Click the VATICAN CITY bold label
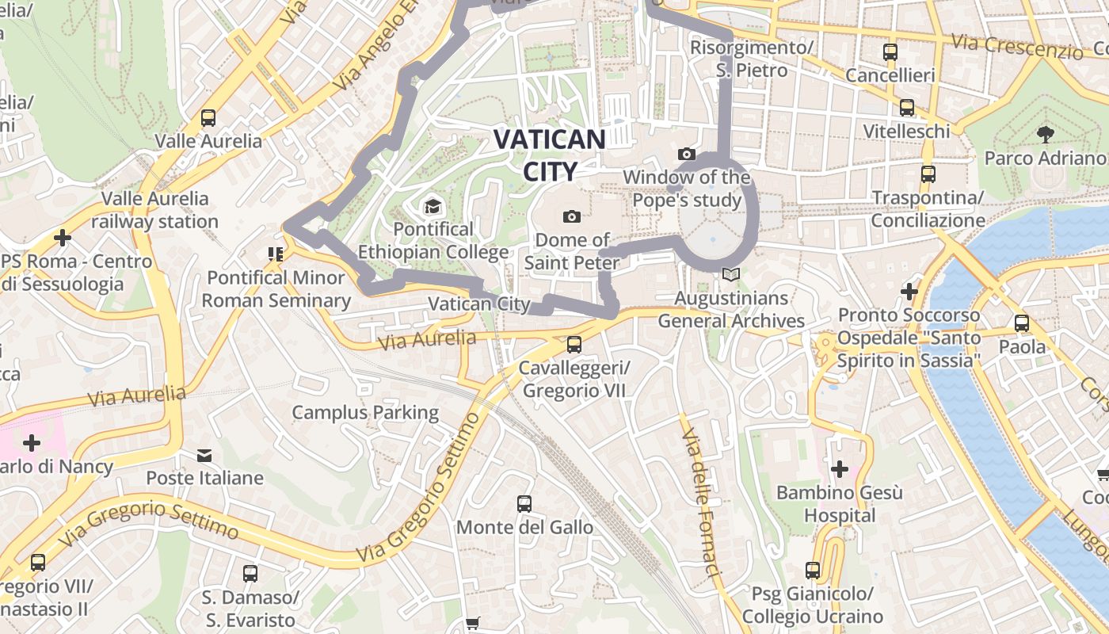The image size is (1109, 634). (x=549, y=155)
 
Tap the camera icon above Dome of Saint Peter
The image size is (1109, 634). (x=571, y=216)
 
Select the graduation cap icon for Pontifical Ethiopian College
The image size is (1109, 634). (x=433, y=207)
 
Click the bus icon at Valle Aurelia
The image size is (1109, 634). (x=208, y=118)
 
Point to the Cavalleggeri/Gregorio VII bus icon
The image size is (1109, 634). (x=574, y=345)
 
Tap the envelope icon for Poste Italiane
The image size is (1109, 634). (x=204, y=455)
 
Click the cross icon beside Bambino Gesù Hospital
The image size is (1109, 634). (x=840, y=469)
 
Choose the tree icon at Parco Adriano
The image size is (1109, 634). (x=1046, y=134)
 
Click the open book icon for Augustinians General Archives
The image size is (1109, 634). (x=731, y=275)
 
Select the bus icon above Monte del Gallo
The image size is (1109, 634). (x=524, y=503)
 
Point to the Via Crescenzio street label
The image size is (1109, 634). (x=1017, y=47)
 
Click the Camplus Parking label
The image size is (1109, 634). (x=365, y=412)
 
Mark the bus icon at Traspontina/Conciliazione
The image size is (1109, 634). (x=928, y=174)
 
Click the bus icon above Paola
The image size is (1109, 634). (x=1022, y=323)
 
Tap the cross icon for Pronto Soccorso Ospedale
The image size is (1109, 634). (x=909, y=292)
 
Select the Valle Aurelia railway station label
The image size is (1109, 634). (x=155, y=210)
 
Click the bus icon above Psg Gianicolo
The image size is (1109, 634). (x=813, y=570)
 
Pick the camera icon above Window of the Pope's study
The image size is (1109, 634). (x=687, y=154)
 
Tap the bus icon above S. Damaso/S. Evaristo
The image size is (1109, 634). (x=250, y=573)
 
